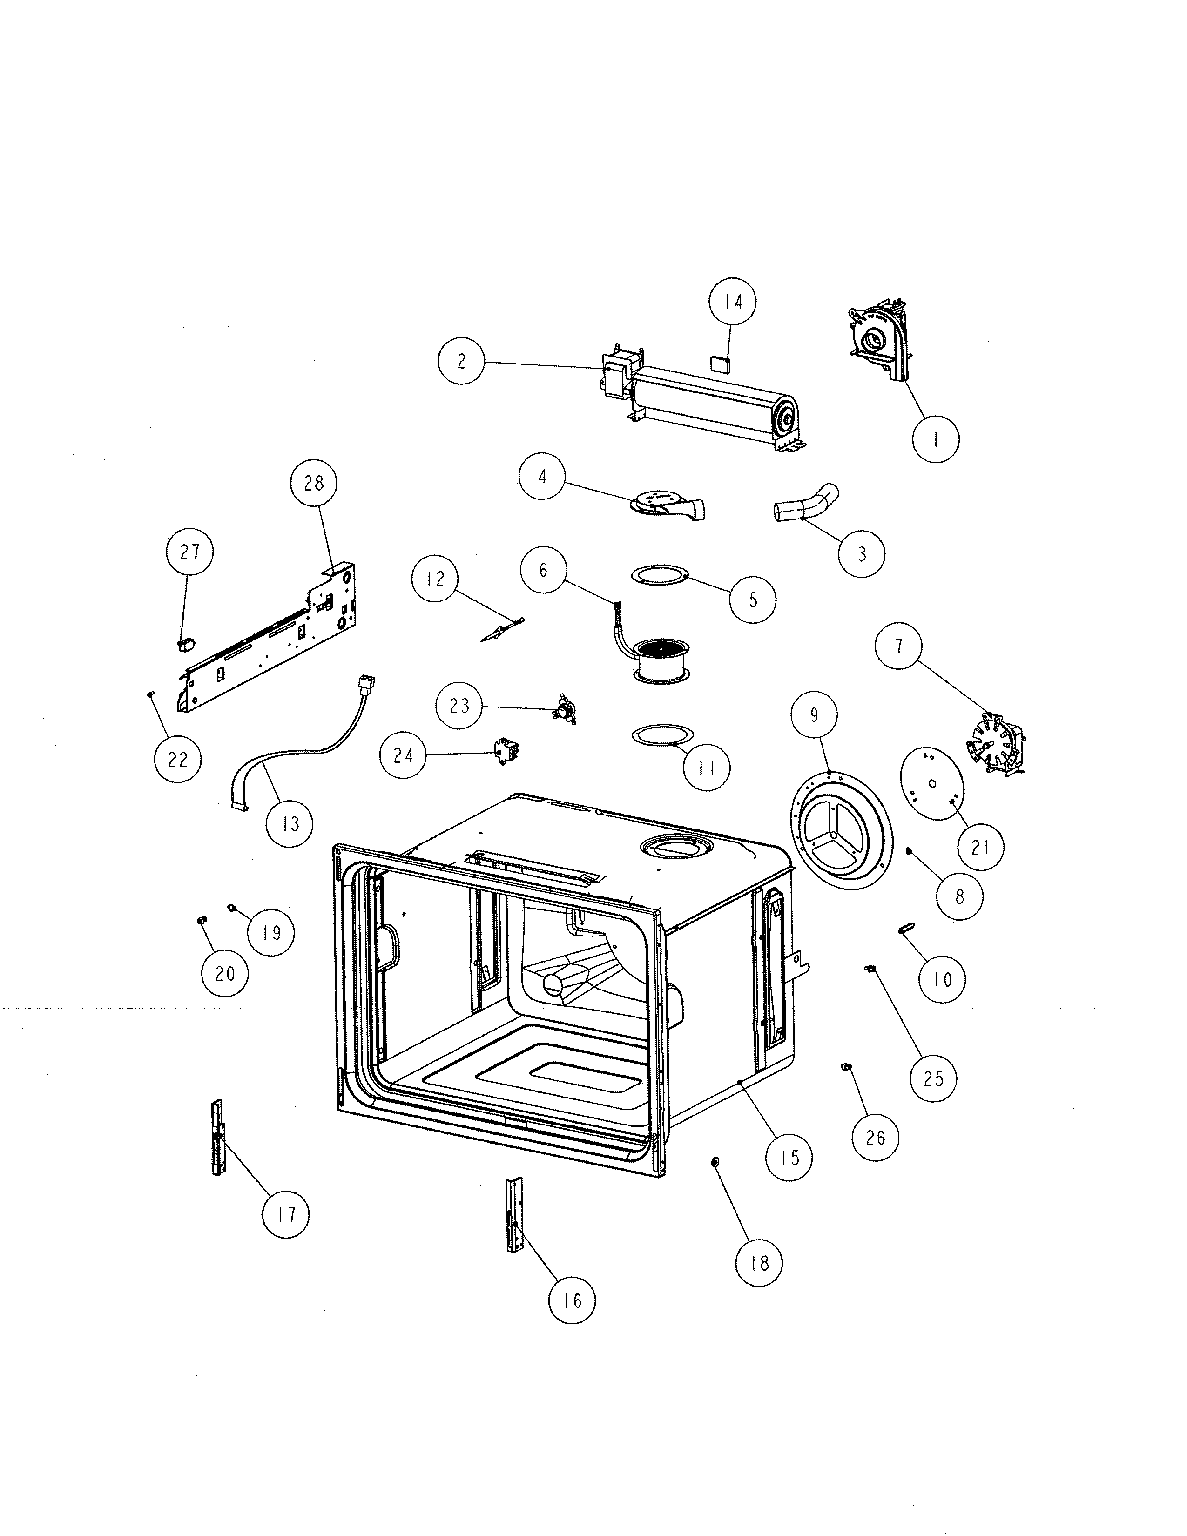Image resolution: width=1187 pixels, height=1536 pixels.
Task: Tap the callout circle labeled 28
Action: point(314,483)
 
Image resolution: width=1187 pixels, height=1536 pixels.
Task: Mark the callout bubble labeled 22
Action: point(178,760)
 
